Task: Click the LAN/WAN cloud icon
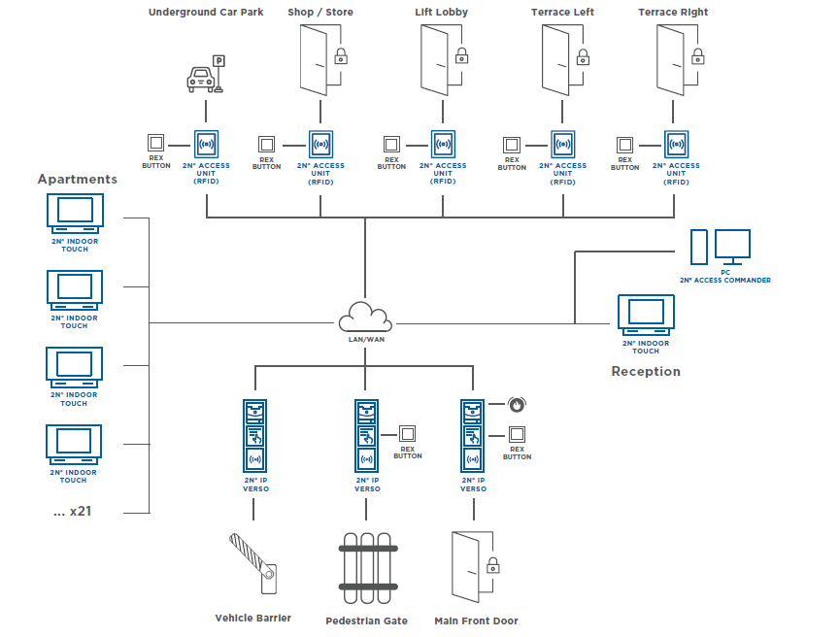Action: click(365, 318)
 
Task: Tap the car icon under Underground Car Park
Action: click(199, 79)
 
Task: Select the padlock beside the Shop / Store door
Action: click(341, 55)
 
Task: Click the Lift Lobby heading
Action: click(443, 12)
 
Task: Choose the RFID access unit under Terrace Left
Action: click(563, 144)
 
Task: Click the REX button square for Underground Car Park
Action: click(155, 143)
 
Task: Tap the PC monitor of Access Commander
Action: click(732, 246)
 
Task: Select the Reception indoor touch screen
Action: click(647, 313)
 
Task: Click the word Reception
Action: click(646, 371)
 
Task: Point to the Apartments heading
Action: click(78, 179)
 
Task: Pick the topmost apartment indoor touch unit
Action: click(75, 211)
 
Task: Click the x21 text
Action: click(73, 511)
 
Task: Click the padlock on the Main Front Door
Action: click(492, 564)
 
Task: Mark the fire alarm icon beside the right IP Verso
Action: click(517, 403)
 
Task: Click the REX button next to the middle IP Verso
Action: click(407, 434)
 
